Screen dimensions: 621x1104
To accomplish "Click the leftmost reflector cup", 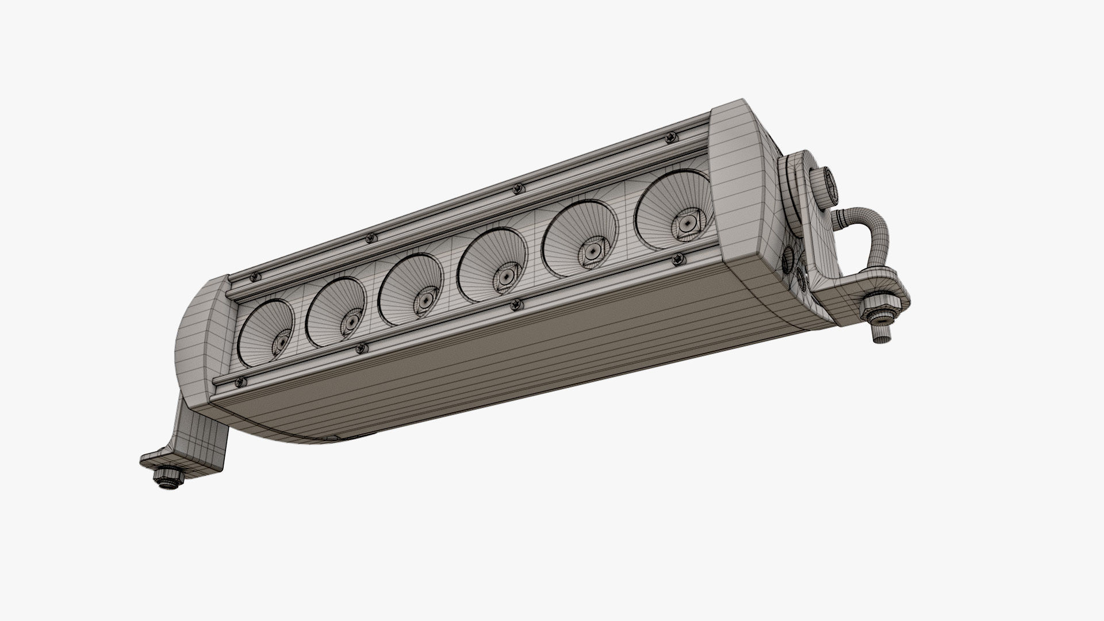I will (266, 333).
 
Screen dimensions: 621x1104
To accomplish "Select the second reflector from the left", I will (336, 312).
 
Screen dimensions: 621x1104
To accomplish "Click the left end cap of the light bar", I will (201, 339).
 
